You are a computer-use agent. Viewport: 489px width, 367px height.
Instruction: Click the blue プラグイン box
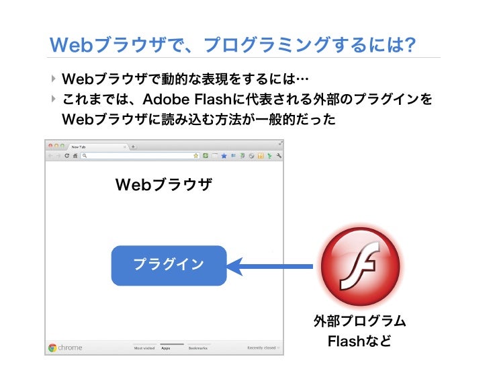click(169, 265)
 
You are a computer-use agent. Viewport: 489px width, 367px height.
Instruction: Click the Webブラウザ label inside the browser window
click(164, 184)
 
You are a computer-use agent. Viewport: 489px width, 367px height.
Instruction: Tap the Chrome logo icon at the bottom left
click(52, 348)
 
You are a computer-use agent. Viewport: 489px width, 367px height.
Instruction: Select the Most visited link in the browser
click(144, 348)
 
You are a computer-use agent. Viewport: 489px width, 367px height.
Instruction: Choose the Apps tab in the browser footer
click(166, 348)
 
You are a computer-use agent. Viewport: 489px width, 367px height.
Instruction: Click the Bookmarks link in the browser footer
click(197, 348)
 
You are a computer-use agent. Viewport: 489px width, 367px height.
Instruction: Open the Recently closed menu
click(262, 348)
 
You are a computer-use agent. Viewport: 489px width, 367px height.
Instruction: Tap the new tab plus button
click(133, 146)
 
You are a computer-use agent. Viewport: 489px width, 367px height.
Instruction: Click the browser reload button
click(66, 155)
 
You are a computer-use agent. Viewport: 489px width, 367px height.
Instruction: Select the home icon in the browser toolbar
click(75, 155)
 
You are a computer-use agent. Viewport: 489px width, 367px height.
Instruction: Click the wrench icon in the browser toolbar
click(278, 155)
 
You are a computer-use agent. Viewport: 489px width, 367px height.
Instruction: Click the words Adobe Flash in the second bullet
click(184, 99)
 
